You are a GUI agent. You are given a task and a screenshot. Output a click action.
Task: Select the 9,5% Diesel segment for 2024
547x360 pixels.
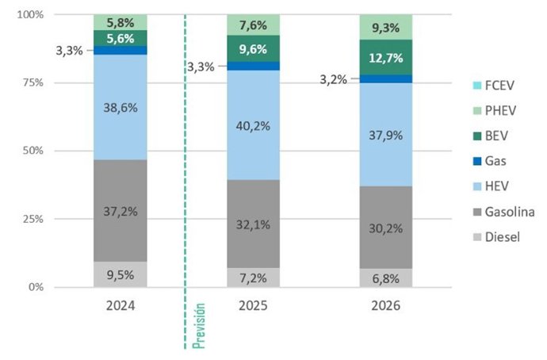point(120,274)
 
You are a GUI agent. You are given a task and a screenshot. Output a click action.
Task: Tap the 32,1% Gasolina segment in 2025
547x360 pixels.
point(253,224)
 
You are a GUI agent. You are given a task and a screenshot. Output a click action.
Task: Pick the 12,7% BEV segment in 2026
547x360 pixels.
point(386,57)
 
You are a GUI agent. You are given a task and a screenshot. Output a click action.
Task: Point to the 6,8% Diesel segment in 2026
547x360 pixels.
point(386,278)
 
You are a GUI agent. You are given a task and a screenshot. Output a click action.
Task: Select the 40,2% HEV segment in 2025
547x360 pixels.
point(253,125)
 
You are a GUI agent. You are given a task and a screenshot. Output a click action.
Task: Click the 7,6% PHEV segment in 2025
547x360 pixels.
point(253,25)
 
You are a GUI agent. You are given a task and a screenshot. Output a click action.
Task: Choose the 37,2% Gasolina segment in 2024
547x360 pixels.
point(120,211)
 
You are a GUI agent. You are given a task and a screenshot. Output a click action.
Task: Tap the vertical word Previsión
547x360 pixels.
point(200,325)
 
